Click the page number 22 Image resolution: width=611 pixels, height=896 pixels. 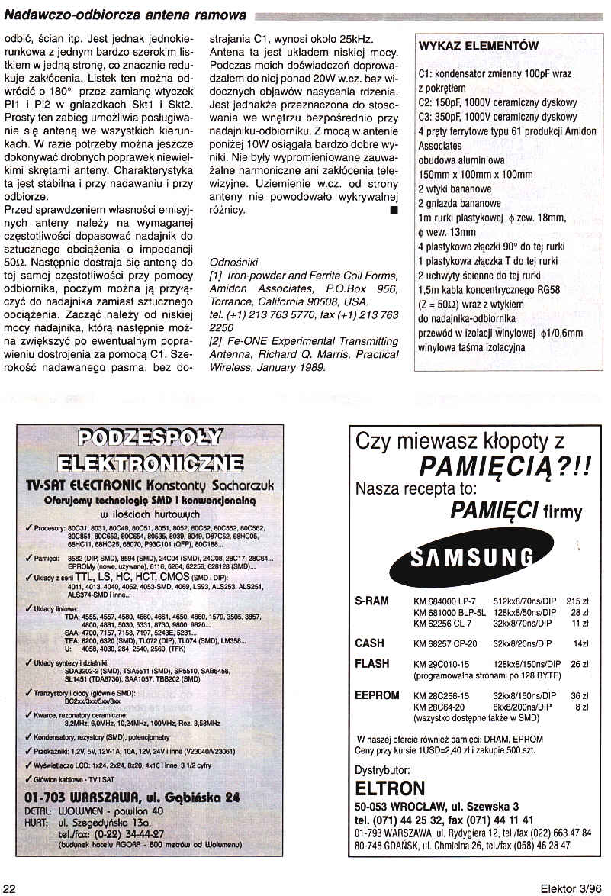(10, 888)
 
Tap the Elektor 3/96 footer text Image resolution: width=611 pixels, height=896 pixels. (571, 888)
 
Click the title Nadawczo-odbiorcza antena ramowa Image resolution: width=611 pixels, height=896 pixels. (126, 15)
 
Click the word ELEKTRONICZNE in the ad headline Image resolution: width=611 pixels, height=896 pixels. (150, 463)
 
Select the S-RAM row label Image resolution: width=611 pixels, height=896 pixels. (372, 601)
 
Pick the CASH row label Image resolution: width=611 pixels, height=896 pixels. (370, 643)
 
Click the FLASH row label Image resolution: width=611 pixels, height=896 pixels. (372, 664)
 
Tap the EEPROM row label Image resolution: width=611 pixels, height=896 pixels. (377, 695)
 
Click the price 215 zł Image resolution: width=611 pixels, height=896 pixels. (579, 601)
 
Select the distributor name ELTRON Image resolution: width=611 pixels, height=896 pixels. (390, 788)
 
